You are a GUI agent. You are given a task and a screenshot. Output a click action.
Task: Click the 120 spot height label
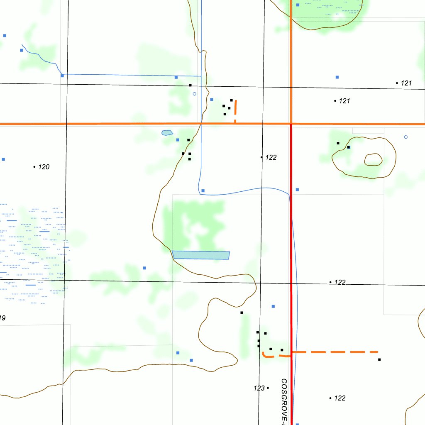44,167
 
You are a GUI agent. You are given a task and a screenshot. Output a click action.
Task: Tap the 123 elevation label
259,388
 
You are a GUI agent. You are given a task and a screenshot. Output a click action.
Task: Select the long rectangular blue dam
201,255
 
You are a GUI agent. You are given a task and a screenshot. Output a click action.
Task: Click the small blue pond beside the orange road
167,133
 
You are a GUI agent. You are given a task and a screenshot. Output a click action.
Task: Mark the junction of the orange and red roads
291,124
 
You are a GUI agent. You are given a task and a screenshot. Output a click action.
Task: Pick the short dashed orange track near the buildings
235,110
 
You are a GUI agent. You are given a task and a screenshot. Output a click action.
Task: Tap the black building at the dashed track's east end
379,359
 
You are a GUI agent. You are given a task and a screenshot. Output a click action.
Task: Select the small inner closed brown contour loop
373,159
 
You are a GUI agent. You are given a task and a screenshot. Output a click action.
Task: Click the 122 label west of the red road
271,157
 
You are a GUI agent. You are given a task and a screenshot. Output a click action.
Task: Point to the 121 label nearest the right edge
406,83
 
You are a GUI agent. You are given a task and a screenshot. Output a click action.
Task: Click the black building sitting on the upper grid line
190,85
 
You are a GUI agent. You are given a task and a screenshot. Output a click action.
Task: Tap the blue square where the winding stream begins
22,50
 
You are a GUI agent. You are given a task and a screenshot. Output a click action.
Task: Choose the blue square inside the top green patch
298,5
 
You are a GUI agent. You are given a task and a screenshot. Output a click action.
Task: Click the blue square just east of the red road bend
297,189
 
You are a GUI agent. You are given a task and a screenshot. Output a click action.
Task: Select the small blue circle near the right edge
405,137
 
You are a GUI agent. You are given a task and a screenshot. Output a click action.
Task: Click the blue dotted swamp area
31,253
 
